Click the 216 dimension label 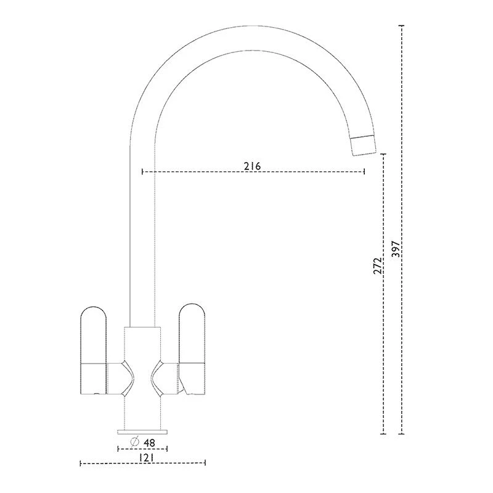click(253, 166)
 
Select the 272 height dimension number click(378, 266)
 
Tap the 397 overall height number click(396, 248)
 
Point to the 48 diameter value click(149, 442)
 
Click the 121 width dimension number click(145, 457)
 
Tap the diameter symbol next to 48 click(134, 442)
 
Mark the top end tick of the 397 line click(402, 26)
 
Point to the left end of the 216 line click(142, 171)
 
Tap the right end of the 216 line click(365, 171)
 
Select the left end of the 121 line click(81, 463)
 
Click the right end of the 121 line click(205, 463)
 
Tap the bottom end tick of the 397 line click(402, 434)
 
